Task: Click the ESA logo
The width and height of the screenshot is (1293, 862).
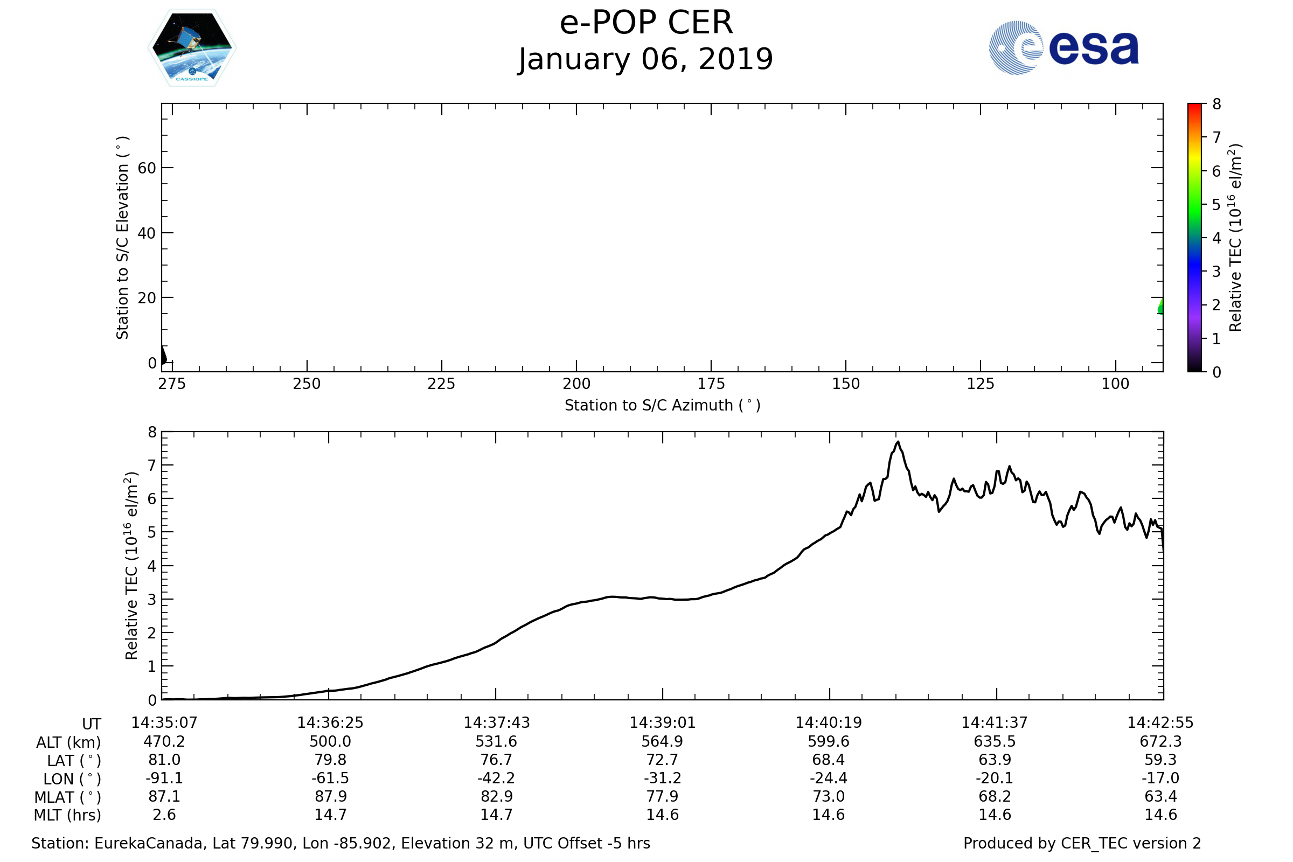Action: tap(1063, 48)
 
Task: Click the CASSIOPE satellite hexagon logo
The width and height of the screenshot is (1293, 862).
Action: tap(192, 48)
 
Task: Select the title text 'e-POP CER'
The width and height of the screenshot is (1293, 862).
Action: tap(646, 23)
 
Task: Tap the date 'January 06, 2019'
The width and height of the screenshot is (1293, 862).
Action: tap(646, 59)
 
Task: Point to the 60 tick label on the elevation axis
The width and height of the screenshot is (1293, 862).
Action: tap(147, 168)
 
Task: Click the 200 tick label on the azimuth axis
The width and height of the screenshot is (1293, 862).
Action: tap(576, 384)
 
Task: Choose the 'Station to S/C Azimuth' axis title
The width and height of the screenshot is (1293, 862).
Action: tap(663, 406)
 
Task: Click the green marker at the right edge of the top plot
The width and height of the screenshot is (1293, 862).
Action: tap(1160, 307)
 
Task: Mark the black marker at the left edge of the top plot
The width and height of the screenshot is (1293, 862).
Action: tap(163, 355)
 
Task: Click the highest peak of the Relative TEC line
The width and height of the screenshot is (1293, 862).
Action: tap(898, 442)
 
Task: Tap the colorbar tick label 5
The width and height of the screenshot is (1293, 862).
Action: tap(1216, 205)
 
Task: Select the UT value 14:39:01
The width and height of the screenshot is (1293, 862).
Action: tap(663, 723)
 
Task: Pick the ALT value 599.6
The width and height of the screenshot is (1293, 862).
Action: tap(829, 742)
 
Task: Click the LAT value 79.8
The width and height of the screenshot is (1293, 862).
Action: tap(330, 760)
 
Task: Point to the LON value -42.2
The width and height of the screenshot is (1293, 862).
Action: tap(496, 778)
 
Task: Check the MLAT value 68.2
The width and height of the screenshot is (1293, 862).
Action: tap(995, 797)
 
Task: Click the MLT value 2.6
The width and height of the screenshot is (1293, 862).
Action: tap(164, 815)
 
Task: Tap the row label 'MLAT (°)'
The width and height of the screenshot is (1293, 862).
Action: tap(68, 797)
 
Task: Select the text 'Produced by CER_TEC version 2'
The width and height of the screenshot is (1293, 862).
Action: tap(1082, 843)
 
